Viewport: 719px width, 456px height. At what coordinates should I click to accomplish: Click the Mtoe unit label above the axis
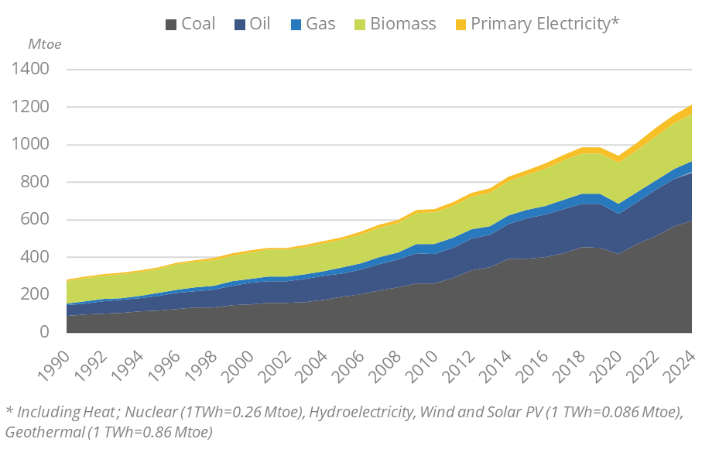pos(44,44)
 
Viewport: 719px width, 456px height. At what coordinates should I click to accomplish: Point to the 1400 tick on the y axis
pos(31,70)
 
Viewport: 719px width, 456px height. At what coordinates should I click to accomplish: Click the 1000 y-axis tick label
pos(31,145)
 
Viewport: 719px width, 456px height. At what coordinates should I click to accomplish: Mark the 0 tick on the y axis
pos(45,332)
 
